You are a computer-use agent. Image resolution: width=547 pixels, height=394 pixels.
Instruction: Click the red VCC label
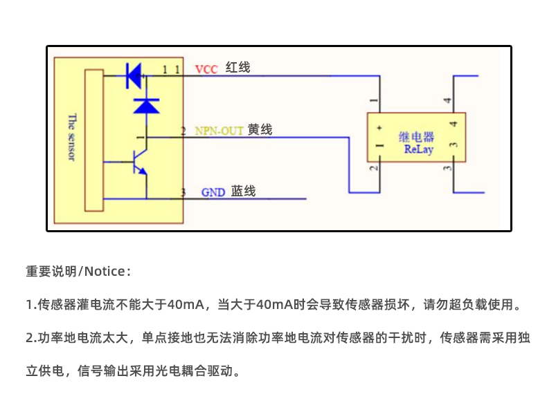tap(206, 69)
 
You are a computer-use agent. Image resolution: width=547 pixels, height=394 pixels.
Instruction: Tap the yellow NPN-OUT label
tap(219, 131)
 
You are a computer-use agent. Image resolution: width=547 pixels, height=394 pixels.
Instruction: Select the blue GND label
tap(213, 192)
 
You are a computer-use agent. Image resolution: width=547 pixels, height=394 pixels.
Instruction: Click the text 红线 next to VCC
tap(237, 68)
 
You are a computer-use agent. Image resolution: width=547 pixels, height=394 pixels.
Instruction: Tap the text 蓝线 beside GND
tap(243, 191)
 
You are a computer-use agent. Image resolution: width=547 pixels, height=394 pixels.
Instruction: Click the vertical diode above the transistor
tap(146, 105)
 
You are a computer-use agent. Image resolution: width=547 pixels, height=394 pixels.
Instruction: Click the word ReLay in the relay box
tap(418, 149)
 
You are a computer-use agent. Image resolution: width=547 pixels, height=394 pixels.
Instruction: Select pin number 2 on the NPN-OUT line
tap(183, 131)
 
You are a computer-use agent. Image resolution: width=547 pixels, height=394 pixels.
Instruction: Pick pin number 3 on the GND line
tap(183, 192)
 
